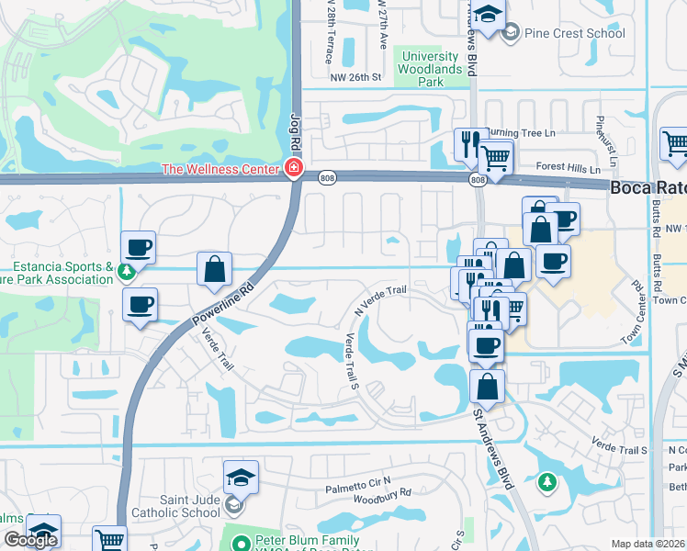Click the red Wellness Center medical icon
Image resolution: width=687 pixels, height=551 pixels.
pos(293,168)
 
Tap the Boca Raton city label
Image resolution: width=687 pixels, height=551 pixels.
pos(648,186)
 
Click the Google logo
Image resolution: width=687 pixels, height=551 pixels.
pos(30,540)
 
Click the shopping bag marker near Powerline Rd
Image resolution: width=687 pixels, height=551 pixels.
pos(214,269)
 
